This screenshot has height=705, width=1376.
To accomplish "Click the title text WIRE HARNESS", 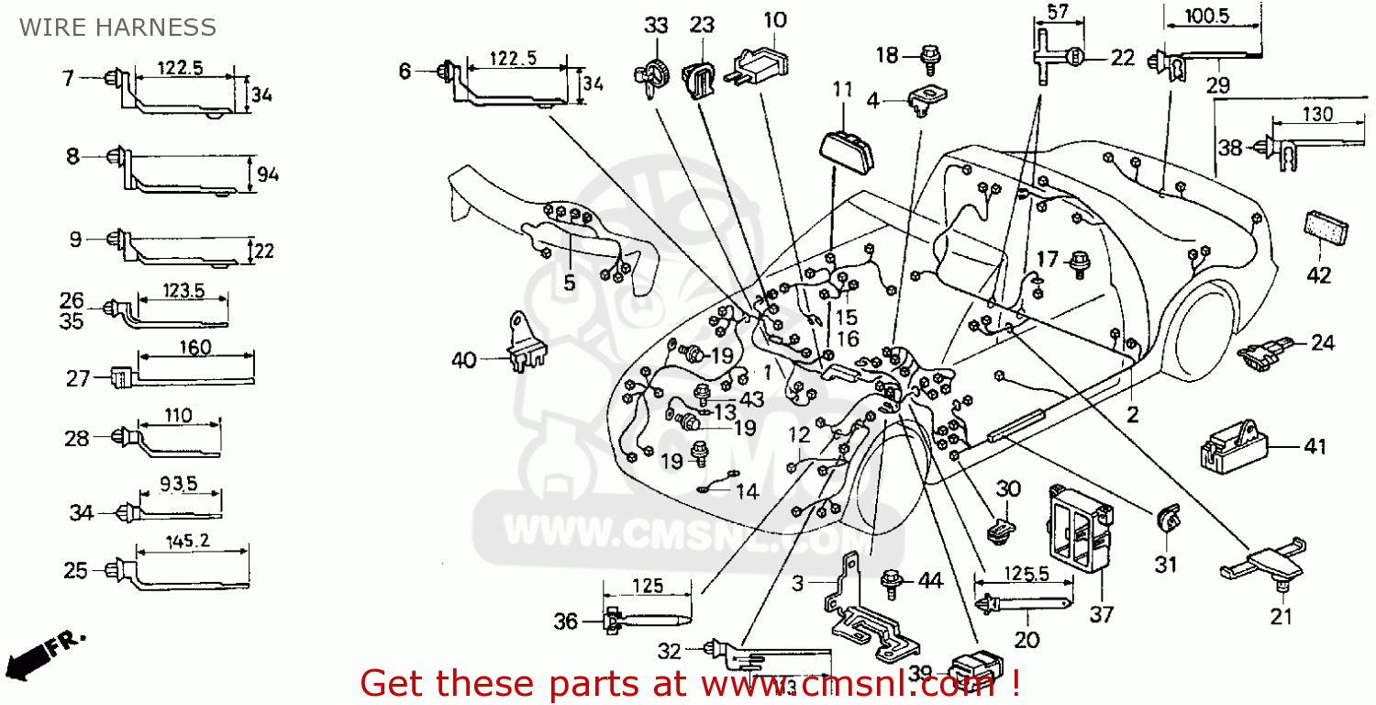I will click(x=117, y=28).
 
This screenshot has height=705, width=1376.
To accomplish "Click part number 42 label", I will click(x=1318, y=275).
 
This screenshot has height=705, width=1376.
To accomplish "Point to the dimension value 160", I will click(x=194, y=348).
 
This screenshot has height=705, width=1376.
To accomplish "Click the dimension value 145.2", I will click(x=188, y=541).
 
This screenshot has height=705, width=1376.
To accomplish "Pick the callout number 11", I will click(x=842, y=90).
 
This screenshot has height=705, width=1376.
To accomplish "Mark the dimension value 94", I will click(x=268, y=173).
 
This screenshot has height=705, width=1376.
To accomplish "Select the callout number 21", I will click(x=1281, y=616).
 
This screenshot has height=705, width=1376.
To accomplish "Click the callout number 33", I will click(x=655, y=26).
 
